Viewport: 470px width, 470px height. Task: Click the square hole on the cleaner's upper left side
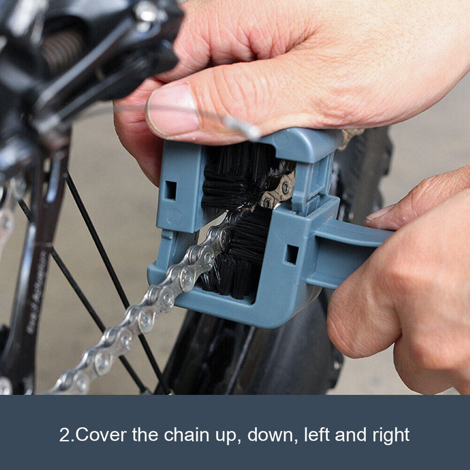pos(170,190)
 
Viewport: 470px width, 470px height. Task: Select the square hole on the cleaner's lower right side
pos(291,254)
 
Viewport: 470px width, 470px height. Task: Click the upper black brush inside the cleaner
pos(235,176)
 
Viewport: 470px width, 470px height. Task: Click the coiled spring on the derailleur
pos(62,50)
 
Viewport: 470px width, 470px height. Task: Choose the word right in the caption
pos(388,435)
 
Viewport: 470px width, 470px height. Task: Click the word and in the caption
pos(350,435)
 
